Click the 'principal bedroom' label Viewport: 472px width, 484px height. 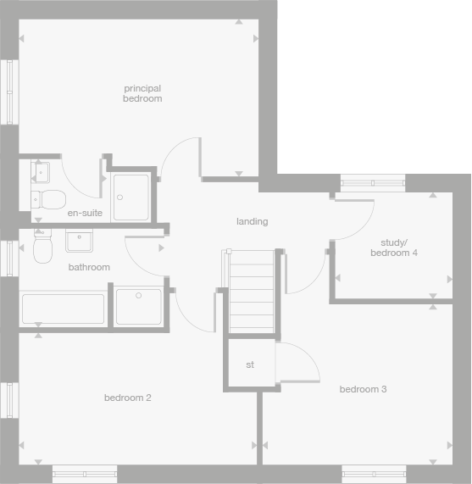tap(142, 93)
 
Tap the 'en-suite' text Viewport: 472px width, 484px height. tap(85, 213)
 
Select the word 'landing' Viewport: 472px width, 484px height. tap(252, 221)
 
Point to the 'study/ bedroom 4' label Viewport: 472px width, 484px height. tap(393, 248)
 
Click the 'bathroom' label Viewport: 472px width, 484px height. tap(89, 267)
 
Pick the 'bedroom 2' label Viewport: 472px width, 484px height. tap(127, 398)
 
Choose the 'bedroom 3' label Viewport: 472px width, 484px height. tap(363, 389)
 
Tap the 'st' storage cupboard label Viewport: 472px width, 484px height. tap(250, 364)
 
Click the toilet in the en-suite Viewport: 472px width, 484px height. tap(49, 200)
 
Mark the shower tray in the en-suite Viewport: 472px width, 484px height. tap(130, 197)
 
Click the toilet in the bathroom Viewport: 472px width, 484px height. tap(42, 248)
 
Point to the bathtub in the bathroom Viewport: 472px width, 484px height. tap(63, 309)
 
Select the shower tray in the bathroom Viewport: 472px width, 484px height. tap(137, 307)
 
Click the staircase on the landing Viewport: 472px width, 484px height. tap(251, 291)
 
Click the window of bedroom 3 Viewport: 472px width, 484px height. tap(373, 473)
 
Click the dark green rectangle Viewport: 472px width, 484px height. tap(375, 85)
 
